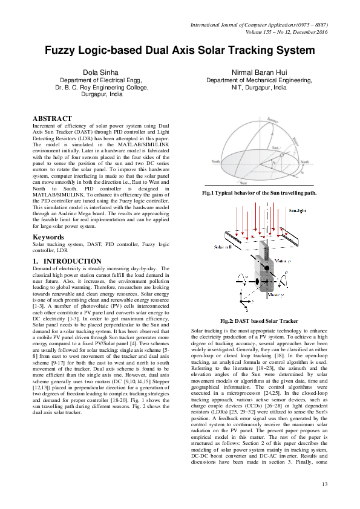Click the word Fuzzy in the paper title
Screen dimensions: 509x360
pos(65,50)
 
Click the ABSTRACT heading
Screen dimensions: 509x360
pos(52,118)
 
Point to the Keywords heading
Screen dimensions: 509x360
pos(49,237)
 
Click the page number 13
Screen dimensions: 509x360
pos(324,484)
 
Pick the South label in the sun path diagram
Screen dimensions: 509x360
pos(305,162)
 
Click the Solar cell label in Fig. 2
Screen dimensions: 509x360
pos(223,247)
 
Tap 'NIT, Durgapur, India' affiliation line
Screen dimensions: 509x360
pos(259,88)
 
